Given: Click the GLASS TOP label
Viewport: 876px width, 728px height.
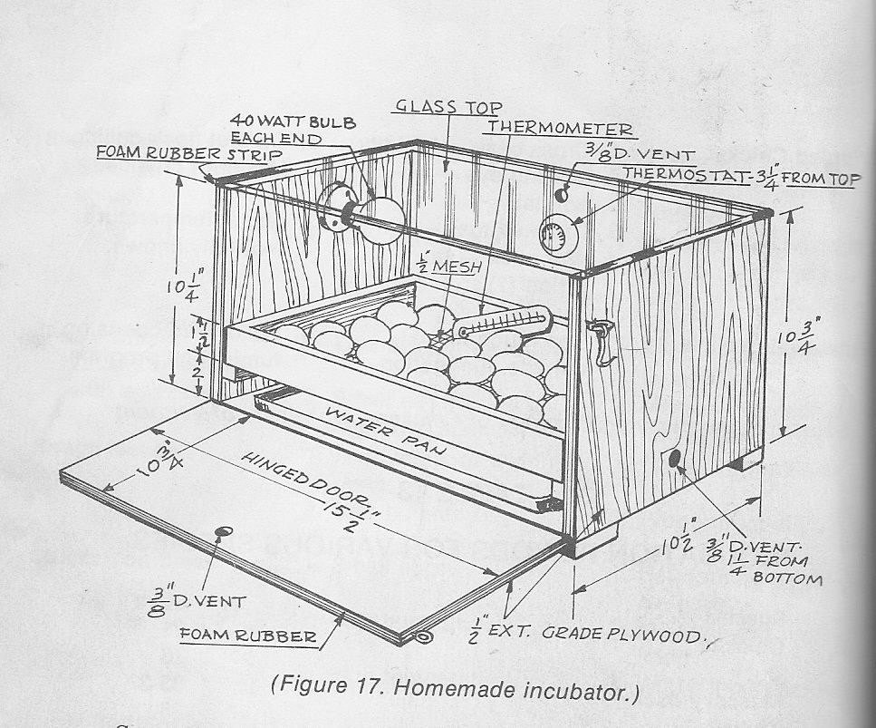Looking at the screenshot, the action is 449,106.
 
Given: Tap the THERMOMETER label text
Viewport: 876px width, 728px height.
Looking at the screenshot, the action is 561,128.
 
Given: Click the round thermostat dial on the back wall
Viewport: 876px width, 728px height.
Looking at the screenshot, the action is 556,234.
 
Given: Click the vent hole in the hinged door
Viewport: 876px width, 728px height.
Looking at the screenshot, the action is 225,531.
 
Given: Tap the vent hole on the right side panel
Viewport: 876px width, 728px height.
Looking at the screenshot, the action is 674,459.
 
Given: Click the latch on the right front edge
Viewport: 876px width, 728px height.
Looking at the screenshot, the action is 599,342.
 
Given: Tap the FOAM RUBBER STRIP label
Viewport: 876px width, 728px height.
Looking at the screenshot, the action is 188,152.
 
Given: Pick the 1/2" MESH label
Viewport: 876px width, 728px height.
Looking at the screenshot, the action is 449,266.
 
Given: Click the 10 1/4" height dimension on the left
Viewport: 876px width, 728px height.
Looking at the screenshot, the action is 186,286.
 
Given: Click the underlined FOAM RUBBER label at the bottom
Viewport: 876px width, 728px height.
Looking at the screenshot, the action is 247,636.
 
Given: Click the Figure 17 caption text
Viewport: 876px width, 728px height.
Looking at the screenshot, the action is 455,687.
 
